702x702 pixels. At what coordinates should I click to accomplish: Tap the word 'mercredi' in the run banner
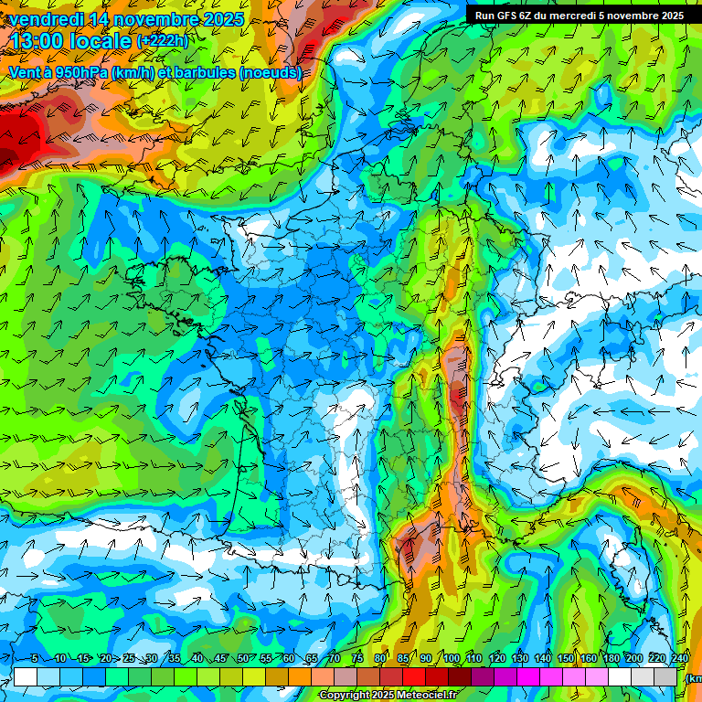pos(571,16)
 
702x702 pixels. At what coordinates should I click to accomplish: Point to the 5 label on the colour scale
pos(35,659)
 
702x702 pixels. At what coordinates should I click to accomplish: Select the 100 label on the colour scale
pos(451,659)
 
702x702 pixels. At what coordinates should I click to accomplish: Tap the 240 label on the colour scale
pos(680,659)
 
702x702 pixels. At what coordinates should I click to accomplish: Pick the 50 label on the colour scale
pos(243,659)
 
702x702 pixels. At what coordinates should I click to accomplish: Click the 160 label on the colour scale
pos(589,659)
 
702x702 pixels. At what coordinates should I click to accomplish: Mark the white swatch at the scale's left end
pos(26,676)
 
